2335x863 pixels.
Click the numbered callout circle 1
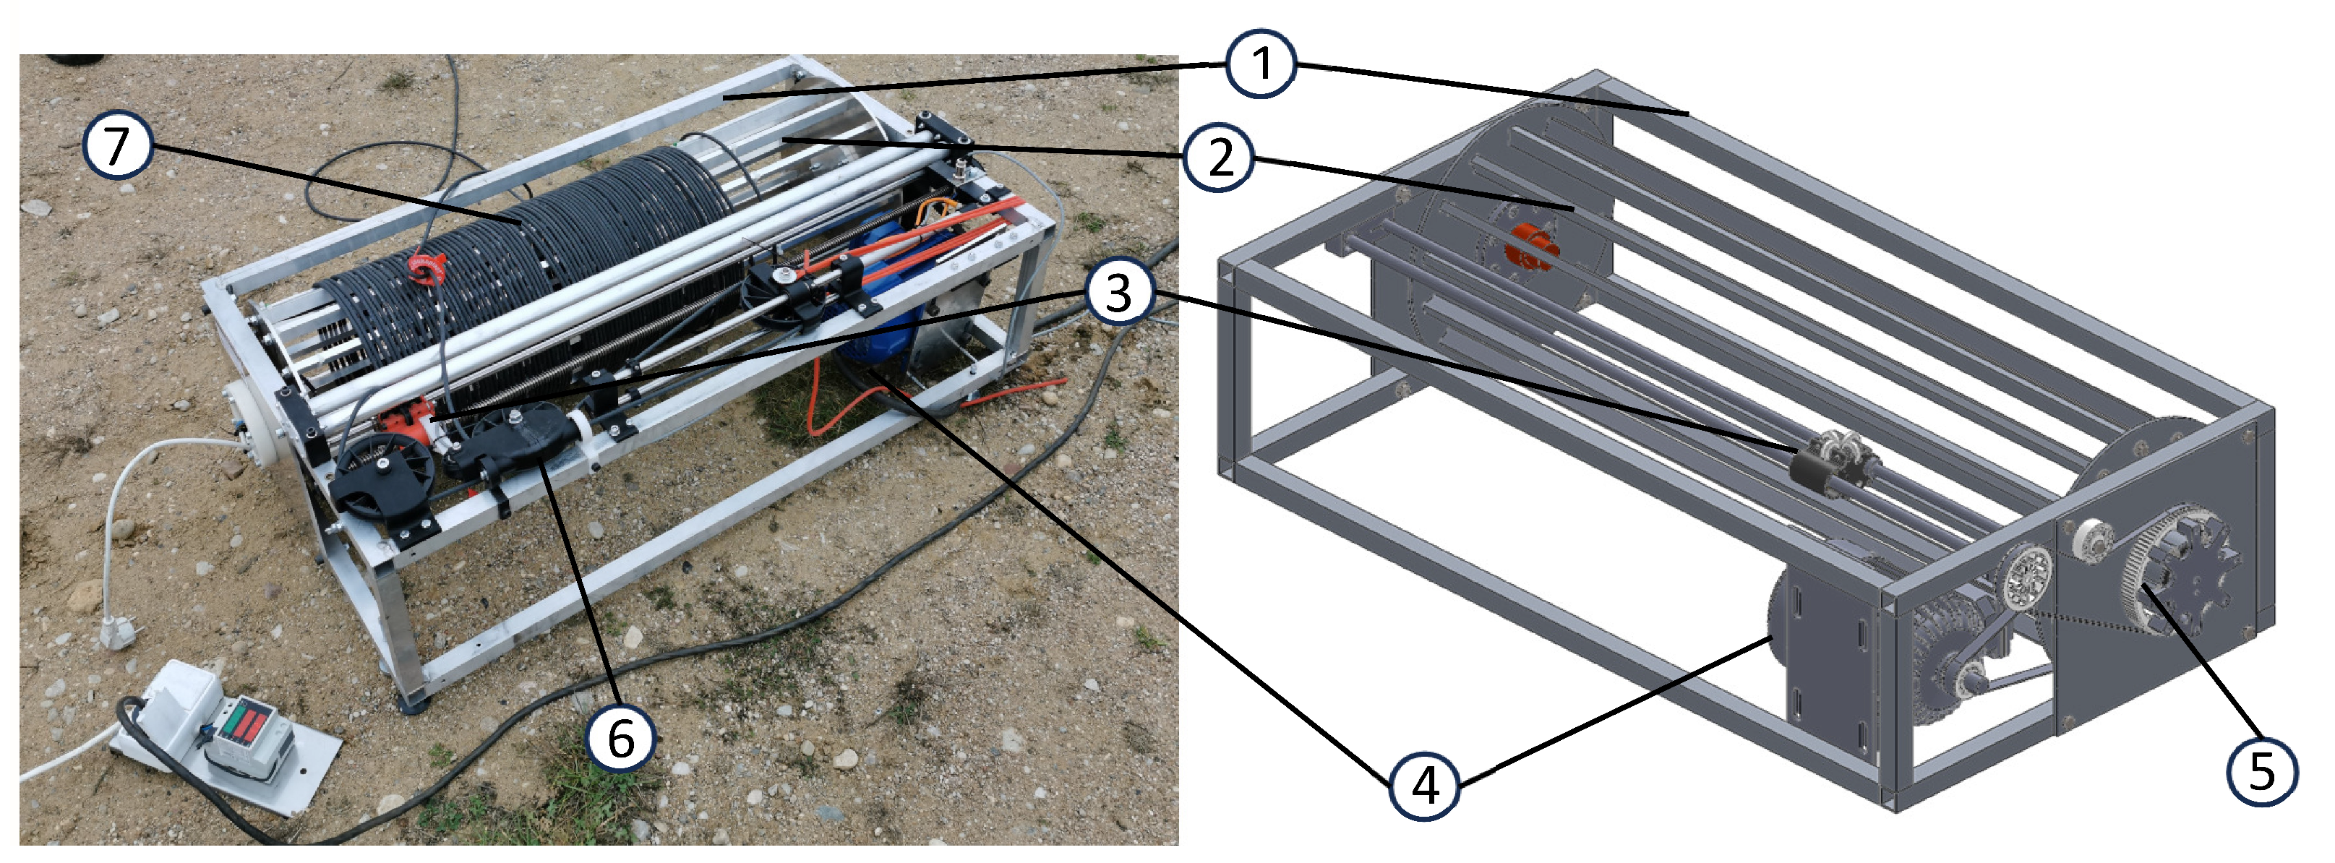click(1260, 65)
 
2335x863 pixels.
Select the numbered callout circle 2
click(1219, 158)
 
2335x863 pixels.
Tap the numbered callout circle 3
click(1118, 293)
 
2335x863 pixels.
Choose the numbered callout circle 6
click(620, 737)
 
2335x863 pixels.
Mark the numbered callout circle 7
click(116, 147)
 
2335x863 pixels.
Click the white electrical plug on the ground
click(116, 631)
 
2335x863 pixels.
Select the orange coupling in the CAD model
click(1530, 253)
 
